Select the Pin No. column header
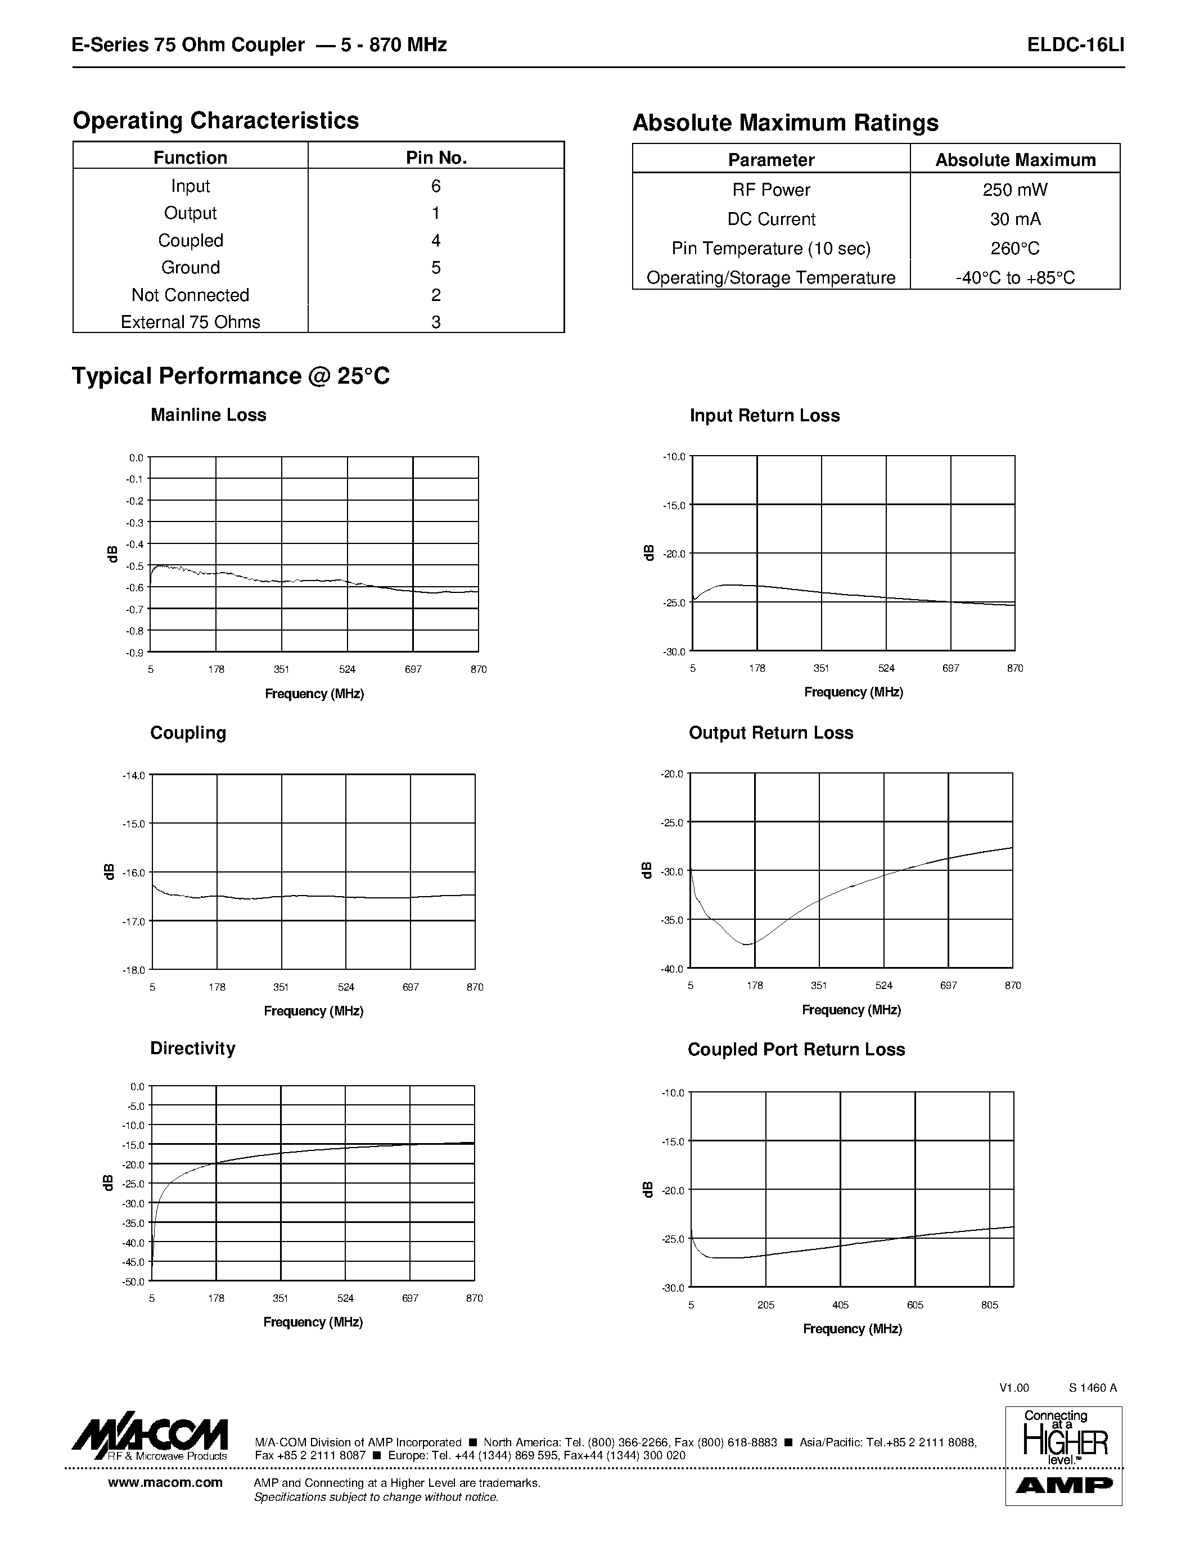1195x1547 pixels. (436, 158)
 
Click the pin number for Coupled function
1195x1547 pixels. (436, 241)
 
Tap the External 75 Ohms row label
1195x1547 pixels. (191, 322)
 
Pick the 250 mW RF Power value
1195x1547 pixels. (1014, 190)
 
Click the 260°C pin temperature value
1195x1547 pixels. (1014, 249)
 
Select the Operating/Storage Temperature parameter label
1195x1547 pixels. (771, 278)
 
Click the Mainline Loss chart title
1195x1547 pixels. (208, 415)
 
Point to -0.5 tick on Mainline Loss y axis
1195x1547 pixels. (134, 566)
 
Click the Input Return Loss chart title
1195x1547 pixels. (765, 416)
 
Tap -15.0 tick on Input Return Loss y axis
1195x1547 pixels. (674, 506)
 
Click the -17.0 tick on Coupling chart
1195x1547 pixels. (133, 921)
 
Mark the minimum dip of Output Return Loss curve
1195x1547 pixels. (747, 944)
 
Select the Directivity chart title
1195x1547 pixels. (192, 1049)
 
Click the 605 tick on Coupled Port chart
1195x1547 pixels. (914, 1305)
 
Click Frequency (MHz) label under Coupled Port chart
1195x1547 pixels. (853, 1329)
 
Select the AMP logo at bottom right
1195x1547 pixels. (1064, 1485)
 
